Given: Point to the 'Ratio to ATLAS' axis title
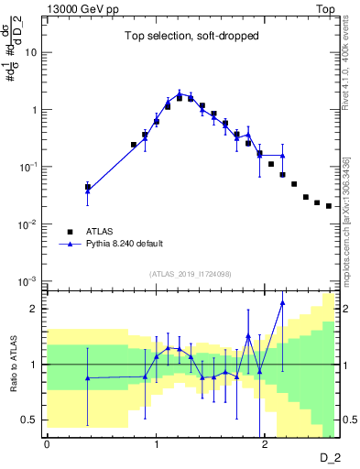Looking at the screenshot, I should (11, 365).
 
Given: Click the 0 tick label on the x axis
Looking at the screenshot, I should (47, 445).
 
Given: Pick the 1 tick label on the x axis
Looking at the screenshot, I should (156, 445).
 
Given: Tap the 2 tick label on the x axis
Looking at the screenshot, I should (265, 445).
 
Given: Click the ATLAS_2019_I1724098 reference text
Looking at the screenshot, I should (190, 273).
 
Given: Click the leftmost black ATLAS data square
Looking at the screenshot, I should (88, 187).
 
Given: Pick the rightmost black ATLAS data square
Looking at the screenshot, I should (329, 206).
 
